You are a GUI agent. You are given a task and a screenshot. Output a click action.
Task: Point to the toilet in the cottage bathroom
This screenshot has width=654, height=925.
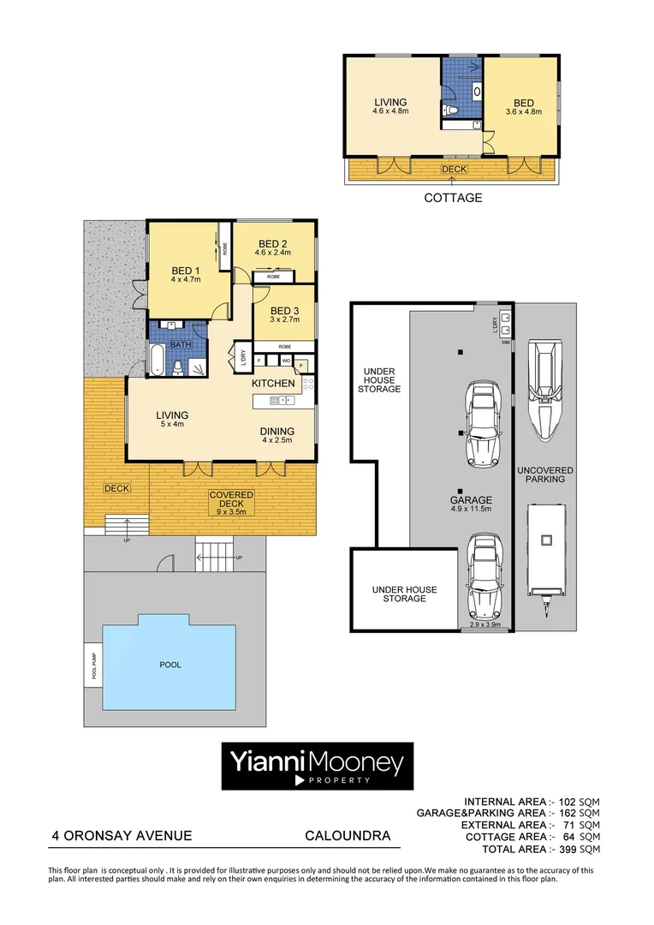pos(454,110)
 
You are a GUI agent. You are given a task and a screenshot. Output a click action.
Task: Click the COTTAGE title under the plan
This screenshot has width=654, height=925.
pos(453,198)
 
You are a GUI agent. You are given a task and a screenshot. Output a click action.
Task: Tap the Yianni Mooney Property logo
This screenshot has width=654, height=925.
pos(318,766)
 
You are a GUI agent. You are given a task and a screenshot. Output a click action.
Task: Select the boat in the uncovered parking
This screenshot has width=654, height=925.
pos(544,391)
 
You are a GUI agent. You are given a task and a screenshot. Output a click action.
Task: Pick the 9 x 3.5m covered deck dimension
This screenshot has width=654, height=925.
pos(231,513)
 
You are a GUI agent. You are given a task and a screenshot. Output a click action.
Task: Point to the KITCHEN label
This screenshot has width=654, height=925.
pos(273,384)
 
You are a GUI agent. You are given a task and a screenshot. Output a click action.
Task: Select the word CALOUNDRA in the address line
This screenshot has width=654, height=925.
pos(348,836)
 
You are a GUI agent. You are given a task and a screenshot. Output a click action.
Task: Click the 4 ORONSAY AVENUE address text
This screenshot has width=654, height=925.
pos(120,836)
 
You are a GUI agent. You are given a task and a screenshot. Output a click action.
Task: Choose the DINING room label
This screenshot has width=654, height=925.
pos(277,431)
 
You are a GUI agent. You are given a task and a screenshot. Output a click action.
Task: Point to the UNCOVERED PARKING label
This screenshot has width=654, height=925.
pos(544,474)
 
